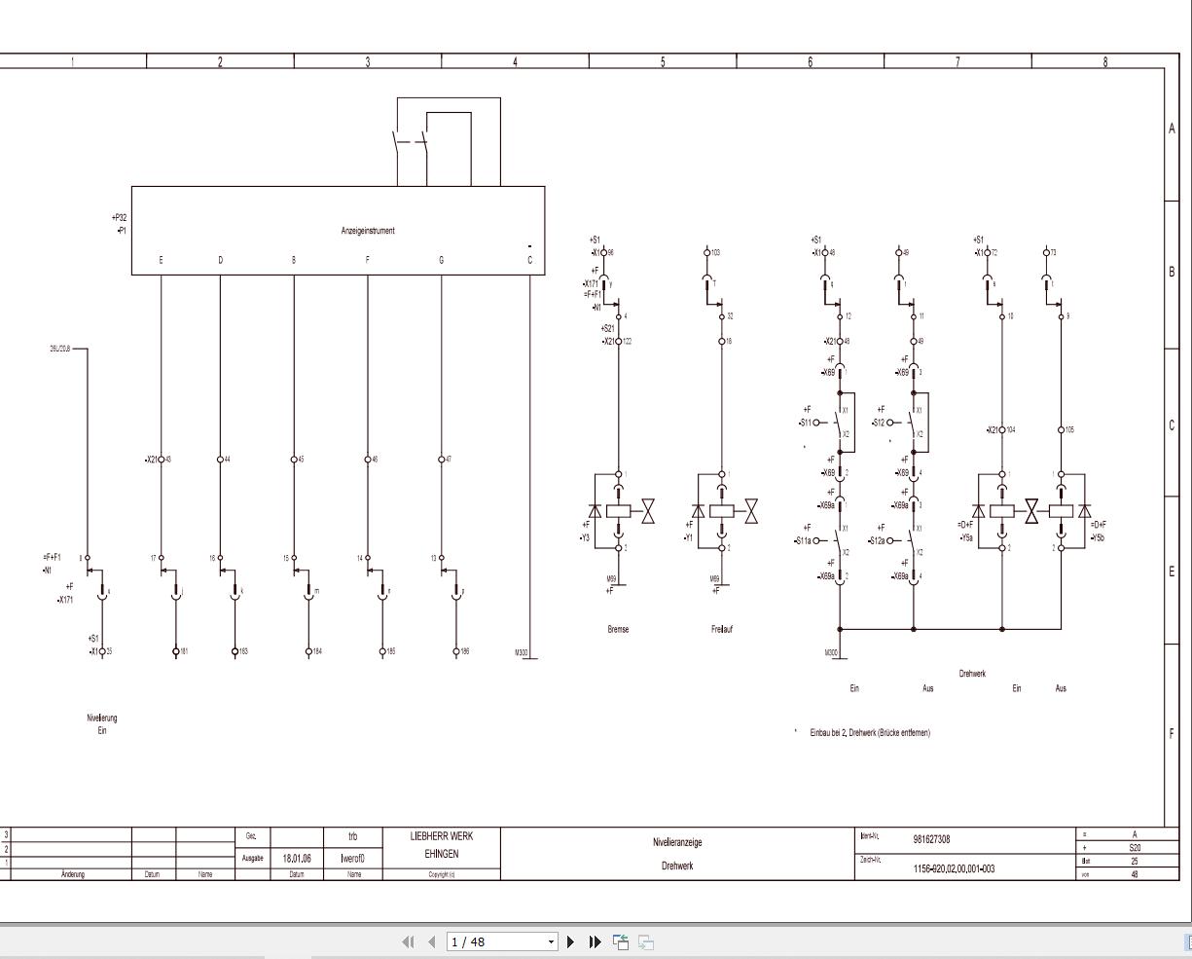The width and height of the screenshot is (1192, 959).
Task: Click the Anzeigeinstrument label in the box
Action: pyautogui.click(x=368, y=231)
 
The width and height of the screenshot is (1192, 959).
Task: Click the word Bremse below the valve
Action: pyautogui.click(x=618, y=629)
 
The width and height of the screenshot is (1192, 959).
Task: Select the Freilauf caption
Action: pyautogui.click(x=721, y=629)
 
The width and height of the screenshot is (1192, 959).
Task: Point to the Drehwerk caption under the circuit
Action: pyautogui.click(x=971, y=673)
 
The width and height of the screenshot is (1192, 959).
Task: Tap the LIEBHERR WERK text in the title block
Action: pyautogui.click(x=442, y=836)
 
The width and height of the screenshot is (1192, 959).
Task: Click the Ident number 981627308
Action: pyautogui.click(x=931, y=839)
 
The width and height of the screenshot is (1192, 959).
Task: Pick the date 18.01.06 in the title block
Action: pyautogui.click(x=297, y=859)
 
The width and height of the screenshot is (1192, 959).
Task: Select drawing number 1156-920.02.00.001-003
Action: pyautogui.click(x=954, y=868)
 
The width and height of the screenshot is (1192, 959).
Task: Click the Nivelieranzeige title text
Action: pyautogui.click(x=677, y=842)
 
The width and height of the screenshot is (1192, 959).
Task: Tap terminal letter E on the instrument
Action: pyautogui.click(x=161, y=260)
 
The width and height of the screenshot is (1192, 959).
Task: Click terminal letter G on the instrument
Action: pyautogui.click(x=441, y=260)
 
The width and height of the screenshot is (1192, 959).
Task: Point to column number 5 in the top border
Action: pyautogui.click(x=663, y=62)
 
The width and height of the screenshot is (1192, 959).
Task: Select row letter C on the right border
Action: pyautogui.click(x=1172, y=425)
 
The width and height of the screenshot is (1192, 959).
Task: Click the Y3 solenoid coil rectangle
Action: pyautogui.click(x=619, y=511)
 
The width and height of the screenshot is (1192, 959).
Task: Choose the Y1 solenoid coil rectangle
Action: pyautogui.click(x=722, y=511)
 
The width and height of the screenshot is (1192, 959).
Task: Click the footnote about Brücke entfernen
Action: pyautogui.click(x=869, y=732)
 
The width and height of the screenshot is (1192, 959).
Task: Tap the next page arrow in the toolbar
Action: pyautogui.click(x=570, y=941)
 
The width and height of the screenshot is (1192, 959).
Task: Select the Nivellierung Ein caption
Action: pyautogui.click(x=101, y=723)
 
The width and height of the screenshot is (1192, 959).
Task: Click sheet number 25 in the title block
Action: pyautogui.click(x=1135, y=861)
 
